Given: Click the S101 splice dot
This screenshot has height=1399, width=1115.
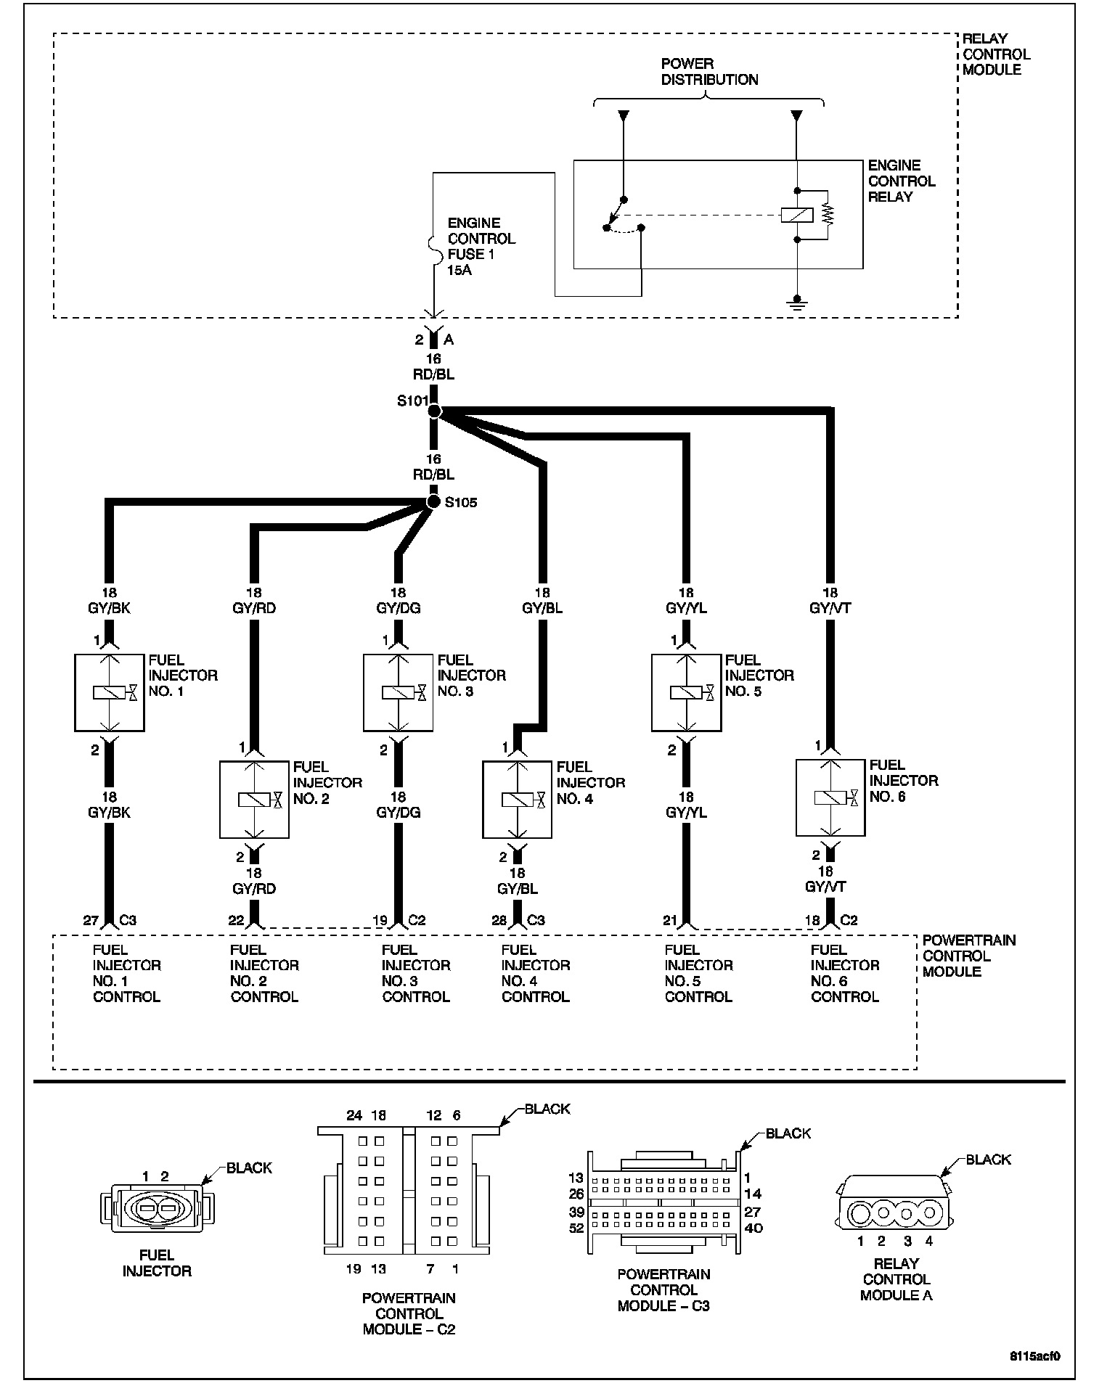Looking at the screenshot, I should point(434,411).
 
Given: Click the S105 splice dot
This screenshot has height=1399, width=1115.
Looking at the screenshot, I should point(433,502).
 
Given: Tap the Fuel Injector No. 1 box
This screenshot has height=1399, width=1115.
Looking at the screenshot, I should point(110,693).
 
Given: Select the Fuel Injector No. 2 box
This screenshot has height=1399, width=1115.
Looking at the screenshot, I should point(254,800).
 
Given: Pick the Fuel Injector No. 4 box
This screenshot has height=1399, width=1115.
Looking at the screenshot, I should point(517,800).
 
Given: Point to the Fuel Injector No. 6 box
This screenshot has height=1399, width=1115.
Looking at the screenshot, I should point(830,798).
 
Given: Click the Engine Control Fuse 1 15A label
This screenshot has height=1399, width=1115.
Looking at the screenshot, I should point(481,246).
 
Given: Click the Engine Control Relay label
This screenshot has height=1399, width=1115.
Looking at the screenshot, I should point(901,181).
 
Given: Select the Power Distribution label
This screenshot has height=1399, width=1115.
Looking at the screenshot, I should point(709,72).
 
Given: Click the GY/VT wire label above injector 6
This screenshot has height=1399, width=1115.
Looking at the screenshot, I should point(830,608).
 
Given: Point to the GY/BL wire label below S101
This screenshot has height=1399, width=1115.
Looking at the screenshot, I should point(542,608).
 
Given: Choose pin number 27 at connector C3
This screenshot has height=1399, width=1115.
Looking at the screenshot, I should point(91,920).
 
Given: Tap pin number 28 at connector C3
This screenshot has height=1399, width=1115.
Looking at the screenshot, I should point(499,920).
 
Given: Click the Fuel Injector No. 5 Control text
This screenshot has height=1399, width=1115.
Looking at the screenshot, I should point(698,973).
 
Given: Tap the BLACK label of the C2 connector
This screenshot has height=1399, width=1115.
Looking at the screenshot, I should point(547,1109).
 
